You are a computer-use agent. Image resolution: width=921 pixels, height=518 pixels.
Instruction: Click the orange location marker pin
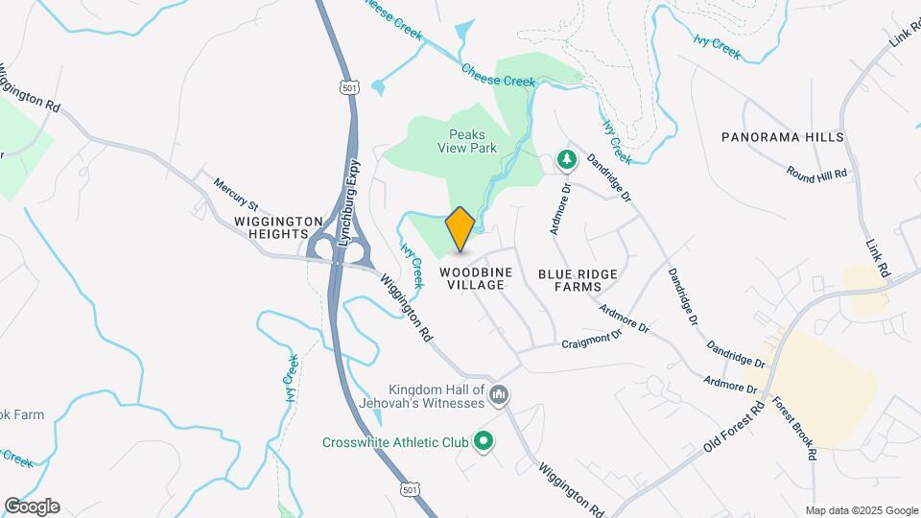460,228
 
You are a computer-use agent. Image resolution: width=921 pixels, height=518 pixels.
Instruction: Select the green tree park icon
567,160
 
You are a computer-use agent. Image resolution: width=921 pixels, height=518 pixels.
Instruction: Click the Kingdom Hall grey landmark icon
499,394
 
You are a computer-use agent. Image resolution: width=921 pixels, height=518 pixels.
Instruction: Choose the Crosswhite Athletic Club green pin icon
484,442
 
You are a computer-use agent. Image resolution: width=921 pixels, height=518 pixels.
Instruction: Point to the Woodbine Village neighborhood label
477,279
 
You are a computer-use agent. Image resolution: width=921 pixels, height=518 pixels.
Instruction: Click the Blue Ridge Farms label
578,279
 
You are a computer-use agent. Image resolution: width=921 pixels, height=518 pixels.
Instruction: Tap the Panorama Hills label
783,137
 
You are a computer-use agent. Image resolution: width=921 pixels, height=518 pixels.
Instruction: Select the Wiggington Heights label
272,226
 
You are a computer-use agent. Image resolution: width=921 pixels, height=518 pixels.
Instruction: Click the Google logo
32,506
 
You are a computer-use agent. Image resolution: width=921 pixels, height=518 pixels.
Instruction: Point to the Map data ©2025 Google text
861,510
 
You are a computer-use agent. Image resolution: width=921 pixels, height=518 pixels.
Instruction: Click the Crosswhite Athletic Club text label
395,442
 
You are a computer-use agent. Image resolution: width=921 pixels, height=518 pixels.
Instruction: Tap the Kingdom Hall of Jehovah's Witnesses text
437,395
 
